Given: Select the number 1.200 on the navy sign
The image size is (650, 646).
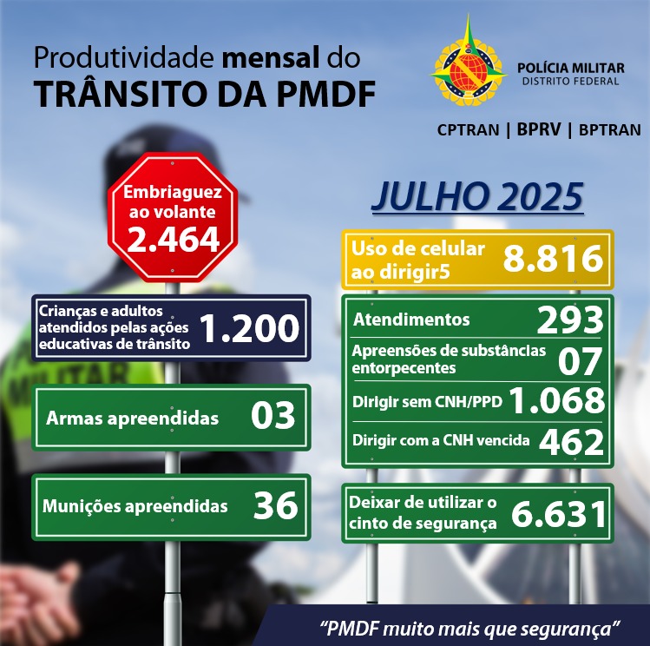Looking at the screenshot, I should pyautogui.click(x=249, y=327).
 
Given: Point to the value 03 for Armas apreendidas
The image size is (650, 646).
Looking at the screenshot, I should pyautogui.click(x=272, y=417).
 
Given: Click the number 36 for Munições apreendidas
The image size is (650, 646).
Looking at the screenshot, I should pyautogui.click(x=275, y=506).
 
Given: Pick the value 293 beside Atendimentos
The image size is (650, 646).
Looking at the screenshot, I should pyautogui.click(x=569, y=320).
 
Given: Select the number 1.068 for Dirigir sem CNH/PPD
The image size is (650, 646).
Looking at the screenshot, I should pyautogui.click(x=555, y=401).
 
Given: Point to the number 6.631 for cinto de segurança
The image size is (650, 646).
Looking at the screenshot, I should pyautogui.click(x=558, y=513).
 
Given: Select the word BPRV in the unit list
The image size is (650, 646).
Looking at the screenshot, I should pyautogui.click(x=536, y=130).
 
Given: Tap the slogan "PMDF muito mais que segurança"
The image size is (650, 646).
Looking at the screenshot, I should pyautogui.click(x=470, y=626).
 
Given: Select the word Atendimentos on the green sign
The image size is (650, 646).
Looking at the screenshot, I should pyautogui.click(x=411, y=320).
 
